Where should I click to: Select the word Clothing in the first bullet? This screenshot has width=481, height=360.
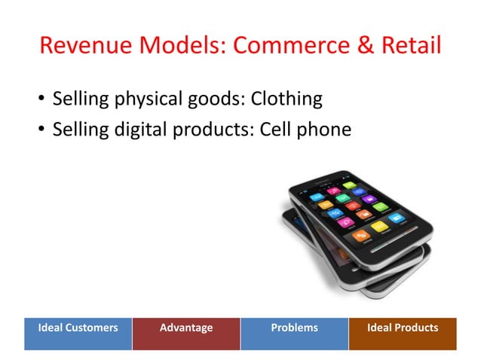pyautogui.click(x=286, y=99)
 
